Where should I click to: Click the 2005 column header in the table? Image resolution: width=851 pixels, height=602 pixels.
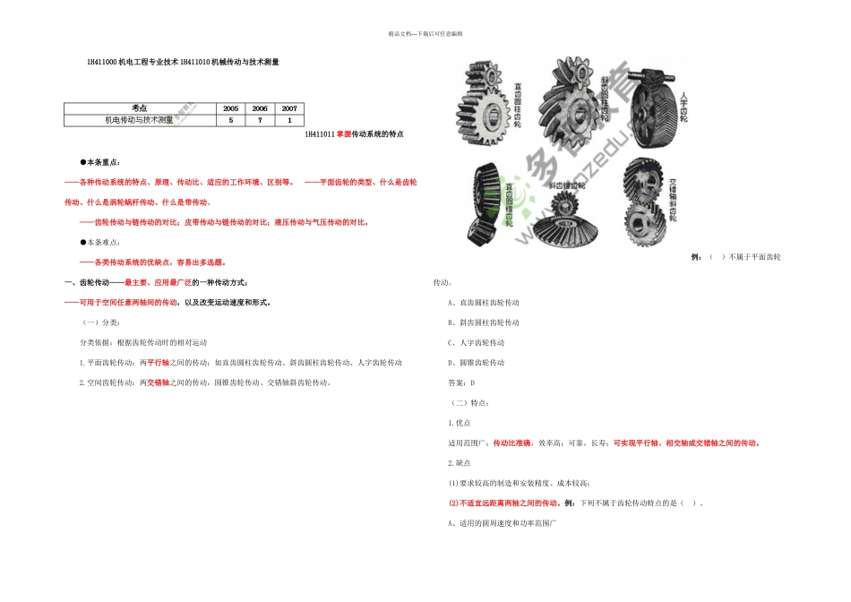(231, 107)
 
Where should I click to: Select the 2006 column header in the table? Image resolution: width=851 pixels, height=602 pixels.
(260, 107)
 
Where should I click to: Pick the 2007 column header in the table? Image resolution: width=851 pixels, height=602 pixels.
(288, 107)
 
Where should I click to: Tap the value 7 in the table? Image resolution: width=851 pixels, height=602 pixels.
(260, 119)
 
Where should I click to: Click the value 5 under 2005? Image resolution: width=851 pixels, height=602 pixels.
(231, 119)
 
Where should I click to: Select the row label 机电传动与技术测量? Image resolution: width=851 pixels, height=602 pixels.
(140, 119)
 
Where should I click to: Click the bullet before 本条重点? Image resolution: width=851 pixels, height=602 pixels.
(83, 162)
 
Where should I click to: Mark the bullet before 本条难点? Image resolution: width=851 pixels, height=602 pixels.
(83, 242)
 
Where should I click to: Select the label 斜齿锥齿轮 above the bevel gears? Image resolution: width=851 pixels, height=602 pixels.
(566, 185)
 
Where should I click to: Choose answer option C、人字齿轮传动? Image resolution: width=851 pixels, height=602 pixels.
(476, 343)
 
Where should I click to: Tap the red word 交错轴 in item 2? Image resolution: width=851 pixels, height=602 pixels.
(159, 383)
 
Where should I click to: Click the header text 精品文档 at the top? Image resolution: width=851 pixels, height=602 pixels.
(400, 33)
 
